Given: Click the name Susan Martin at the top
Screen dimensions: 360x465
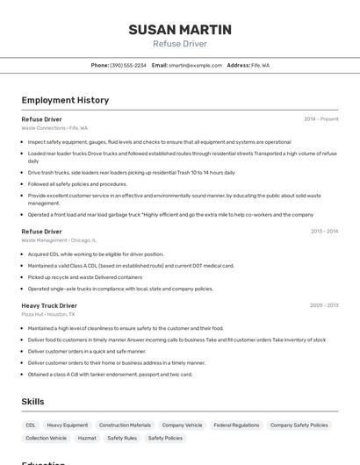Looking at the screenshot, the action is point(180,30).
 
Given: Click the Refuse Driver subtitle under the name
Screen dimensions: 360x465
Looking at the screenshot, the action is point(180,44).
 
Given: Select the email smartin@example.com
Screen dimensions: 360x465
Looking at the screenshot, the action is point(195,66).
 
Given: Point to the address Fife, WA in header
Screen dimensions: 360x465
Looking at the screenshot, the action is point(261,66).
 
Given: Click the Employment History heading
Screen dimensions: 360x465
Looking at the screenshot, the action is point(65,101).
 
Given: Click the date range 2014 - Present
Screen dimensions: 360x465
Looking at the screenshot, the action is point(320,118).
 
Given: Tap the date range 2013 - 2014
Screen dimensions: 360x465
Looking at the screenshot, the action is point(324,232).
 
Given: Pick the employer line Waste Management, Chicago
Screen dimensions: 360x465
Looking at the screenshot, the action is point(59,240).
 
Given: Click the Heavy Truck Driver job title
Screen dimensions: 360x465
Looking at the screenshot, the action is point(49,305).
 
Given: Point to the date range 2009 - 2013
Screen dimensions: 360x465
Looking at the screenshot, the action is point(324,305).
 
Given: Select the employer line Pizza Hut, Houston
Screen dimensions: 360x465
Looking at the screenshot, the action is point(48,314).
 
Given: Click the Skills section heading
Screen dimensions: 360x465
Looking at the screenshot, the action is point(32,402).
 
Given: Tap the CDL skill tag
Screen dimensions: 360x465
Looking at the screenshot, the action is point(31,426).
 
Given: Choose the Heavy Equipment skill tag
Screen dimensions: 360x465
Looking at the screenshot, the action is point(68,426).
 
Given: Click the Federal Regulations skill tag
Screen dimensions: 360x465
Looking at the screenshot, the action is point(236,426).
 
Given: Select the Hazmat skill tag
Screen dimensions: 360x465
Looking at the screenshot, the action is point(87,438).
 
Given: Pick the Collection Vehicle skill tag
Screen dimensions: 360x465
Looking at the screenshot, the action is point(47,438).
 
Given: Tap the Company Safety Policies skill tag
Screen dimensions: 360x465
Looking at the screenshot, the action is point(299,426).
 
